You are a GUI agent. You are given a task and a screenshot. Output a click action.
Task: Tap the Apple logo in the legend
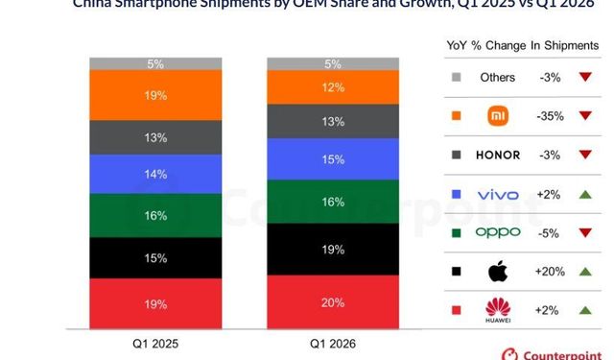coord(498,272)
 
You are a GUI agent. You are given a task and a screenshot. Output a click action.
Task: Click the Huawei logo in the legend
coord(498,310)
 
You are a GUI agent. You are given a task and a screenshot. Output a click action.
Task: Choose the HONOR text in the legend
coord(498,156)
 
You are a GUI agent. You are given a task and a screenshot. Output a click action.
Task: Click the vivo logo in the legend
coord(498,195)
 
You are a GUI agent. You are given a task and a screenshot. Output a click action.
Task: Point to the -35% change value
coord(550,116)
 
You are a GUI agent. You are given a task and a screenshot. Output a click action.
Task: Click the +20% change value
coord(550,272)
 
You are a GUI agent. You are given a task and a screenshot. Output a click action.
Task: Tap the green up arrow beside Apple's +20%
coord(583,272)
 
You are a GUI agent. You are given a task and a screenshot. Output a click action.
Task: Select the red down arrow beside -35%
coord(583,116)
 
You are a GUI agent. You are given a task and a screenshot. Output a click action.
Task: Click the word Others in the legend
coord(498,78)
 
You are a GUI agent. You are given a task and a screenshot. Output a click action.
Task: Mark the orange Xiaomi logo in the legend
coord(498,116)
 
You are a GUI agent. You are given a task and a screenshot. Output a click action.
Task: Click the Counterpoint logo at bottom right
coord(556,352)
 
